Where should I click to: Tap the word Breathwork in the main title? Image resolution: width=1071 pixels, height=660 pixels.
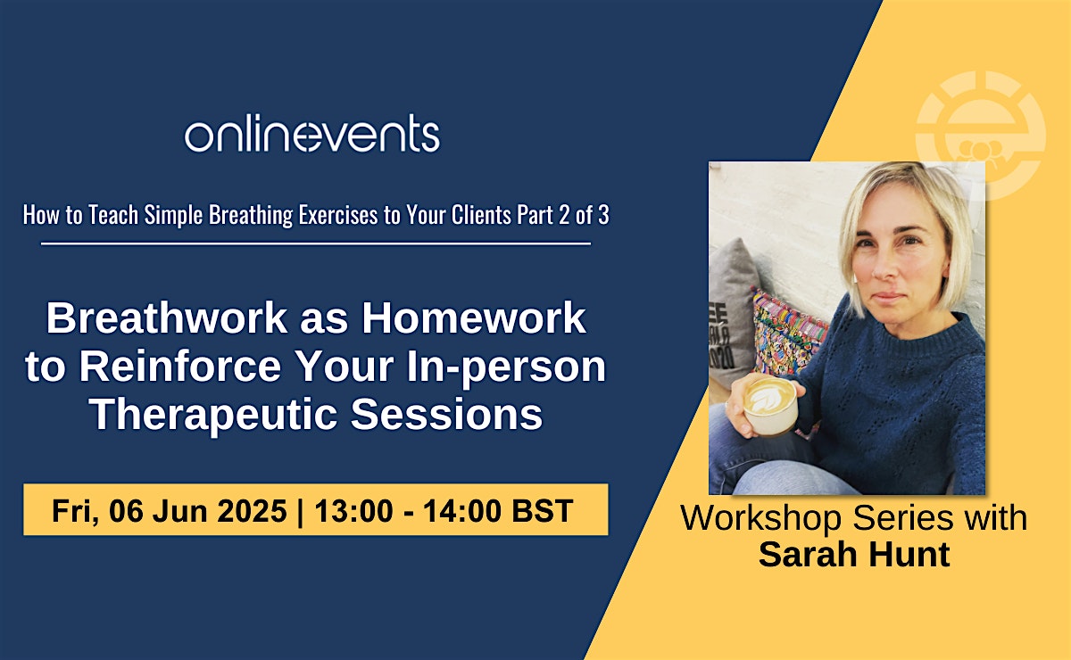pyautogui.click(x=166, y=318)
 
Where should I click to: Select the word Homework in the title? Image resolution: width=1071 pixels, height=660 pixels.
pyautogui.click(x=474, y=318)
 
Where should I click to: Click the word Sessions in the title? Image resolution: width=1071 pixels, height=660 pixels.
pyautogui.click(x=446, y=414)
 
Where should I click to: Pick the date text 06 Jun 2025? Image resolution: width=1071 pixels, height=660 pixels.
pyautogui.click(x=198, y=510)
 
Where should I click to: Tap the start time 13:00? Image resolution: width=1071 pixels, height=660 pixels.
pyautogui.click(x=353, y=510)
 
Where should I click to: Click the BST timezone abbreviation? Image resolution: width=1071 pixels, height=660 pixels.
pyautogui.click(x=543, y=510)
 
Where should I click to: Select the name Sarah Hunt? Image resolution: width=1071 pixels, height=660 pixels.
pyautogui.click(x=854, y=555)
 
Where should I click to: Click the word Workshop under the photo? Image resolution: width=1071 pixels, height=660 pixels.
pyautogui.click(x=760, y=518)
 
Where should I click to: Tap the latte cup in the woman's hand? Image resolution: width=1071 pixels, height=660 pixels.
pyautogui.click(x=769, y=406)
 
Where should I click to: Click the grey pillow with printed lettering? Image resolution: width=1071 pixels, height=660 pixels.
pyautogui.click(x=732, y=310)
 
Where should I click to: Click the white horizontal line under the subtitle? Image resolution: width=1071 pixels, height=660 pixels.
pyautogui.click(x=316, y=243)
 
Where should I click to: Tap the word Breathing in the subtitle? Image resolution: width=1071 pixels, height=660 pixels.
pyautogui.click(x=251, y=216)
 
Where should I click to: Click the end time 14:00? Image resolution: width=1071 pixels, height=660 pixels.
pyautogui.click(x=462, y=510)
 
